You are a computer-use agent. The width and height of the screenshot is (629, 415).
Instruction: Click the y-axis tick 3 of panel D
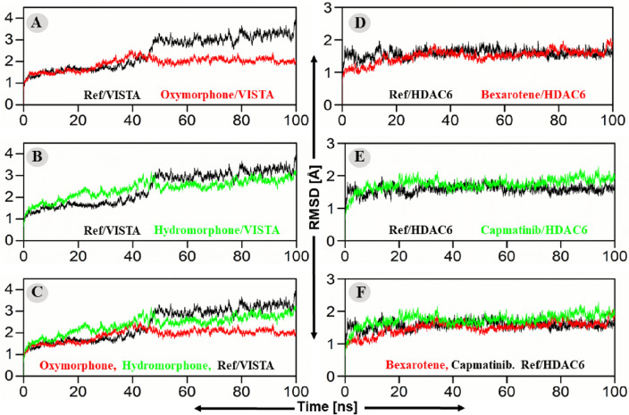[331, 8]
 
